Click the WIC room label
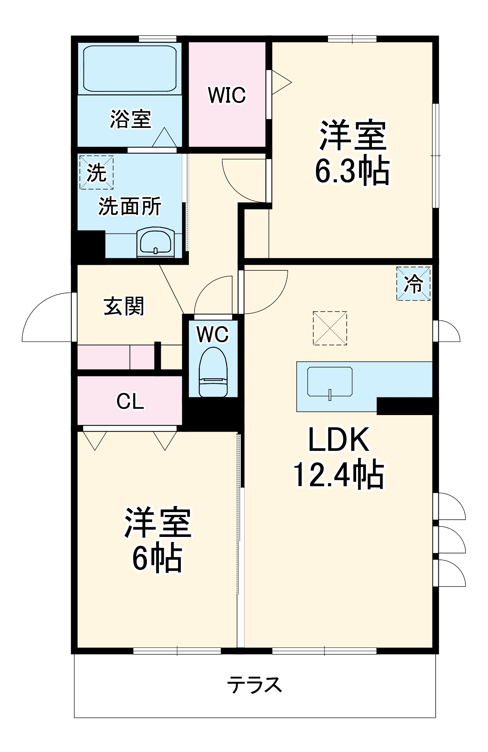tap(227, 95)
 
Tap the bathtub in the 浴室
tap(130, 68)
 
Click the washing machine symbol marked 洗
tap(96, 173)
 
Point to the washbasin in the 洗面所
tap(156, 243)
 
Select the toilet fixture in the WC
tap(213, 372)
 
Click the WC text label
tap(213, 334)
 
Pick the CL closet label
tap(130, 401)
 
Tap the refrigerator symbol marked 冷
tap(413, 284)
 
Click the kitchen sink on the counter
tap(329, 382)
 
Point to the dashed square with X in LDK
tap(330, 328)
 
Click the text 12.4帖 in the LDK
tap(338, 475)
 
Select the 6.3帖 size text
tap(352, 171)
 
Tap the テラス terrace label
tap(254, 685)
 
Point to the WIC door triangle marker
tap(281, 82)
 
